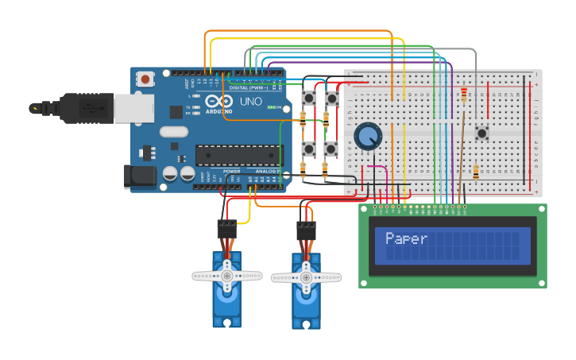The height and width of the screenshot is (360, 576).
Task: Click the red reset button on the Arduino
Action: pos(145,79)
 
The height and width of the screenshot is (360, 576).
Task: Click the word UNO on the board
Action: pos(250,103)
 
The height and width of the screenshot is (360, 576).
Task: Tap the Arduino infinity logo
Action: pos(214,102)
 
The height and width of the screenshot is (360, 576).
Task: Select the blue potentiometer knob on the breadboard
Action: pos(367,136)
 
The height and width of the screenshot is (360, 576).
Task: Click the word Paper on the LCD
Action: pos(406,238)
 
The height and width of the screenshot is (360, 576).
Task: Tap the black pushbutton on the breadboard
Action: pos(481,133)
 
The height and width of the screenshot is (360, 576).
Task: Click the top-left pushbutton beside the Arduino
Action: pos(308,98)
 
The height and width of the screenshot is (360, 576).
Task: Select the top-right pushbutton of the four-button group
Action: pos(331,98)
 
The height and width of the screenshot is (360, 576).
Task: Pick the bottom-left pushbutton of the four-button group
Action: pos(308,149)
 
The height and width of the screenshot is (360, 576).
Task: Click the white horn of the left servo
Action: pos(227,276)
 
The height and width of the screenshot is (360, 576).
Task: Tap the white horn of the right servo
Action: pos(306,277)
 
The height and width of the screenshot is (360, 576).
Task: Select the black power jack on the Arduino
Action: pos(137,177)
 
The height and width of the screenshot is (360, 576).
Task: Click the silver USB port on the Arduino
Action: pos(133,109)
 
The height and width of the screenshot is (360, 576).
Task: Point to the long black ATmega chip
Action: pos(238,156)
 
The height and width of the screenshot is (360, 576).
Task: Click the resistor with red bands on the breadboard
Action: pos(464,95)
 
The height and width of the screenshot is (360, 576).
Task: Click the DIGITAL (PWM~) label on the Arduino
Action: pos(249,87)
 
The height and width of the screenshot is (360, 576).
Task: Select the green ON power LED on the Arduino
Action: pos(272,106)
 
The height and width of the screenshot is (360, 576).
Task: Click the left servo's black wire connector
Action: pos(227,229)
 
